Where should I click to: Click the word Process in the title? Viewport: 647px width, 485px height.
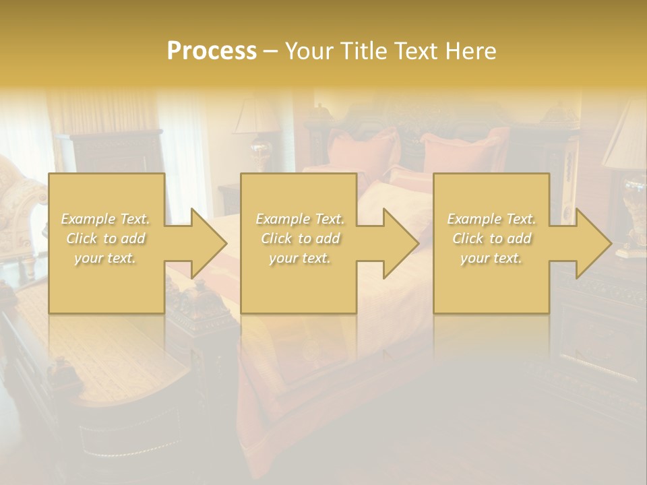(212, 51)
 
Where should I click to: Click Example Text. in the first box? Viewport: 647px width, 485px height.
(106, 219)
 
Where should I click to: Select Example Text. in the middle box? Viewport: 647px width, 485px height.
(300, 219)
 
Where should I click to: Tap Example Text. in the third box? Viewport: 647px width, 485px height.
(491, 219)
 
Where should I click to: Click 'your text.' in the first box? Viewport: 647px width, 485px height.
(105, 258)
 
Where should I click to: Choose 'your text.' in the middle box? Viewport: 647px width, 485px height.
(300, 258)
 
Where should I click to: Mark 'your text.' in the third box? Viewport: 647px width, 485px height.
(491, 258)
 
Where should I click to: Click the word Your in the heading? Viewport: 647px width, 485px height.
(311, 51)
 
